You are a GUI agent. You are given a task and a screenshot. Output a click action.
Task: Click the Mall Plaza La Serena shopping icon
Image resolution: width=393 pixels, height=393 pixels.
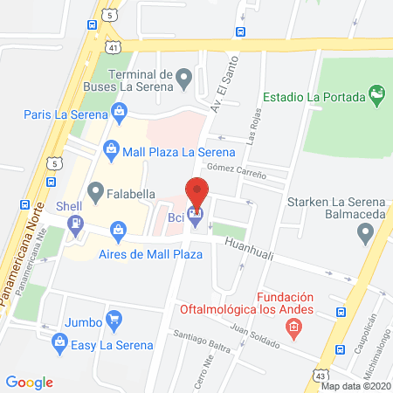112,149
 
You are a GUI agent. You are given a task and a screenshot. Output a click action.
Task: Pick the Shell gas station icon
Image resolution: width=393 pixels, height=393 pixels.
77,222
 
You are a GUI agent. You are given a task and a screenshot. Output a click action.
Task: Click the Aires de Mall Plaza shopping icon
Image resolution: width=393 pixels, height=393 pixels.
119,231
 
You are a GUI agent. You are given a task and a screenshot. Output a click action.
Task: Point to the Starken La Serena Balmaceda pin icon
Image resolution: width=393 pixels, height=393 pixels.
364,232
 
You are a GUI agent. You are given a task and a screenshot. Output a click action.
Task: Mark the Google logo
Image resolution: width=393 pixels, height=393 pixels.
30,382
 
